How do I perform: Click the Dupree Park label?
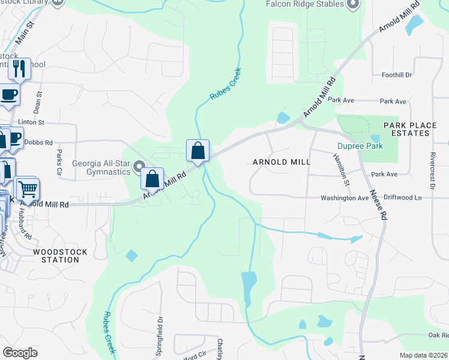click(360, 146)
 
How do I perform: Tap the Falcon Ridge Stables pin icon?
click(353, 4)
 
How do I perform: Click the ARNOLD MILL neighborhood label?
click(282, 162)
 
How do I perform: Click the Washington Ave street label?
click(344, 197)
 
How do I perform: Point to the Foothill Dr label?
click(397, 75)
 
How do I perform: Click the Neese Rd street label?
click(376, 204)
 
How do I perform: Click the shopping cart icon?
click(26, 189)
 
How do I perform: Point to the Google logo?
click(20, 353)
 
